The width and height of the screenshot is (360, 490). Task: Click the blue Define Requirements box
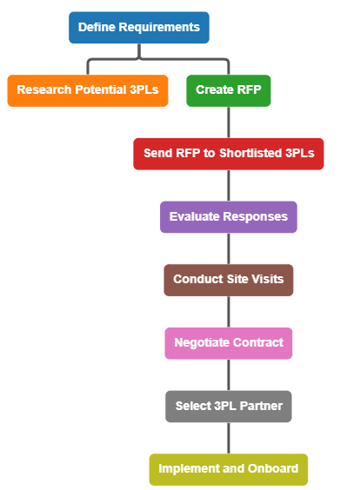tap(139, 28)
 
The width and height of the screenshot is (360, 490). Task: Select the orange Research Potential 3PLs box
tap(88, 90)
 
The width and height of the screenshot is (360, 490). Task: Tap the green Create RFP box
tap(229, 90)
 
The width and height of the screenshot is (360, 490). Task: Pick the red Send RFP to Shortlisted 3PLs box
tap(229, 154)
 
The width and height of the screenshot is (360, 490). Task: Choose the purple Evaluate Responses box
tap(229, 217)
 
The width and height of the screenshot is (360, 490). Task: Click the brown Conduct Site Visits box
tap(229, 280)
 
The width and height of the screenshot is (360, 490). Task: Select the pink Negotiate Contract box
tap(229, 343)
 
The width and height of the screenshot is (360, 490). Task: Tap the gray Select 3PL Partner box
tap(229, 407)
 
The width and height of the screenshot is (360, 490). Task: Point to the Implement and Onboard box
tap(229, 469)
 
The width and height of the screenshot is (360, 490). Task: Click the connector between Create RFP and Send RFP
tap(229, 122)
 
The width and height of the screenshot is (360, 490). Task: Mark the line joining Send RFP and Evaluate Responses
tap(229, 185)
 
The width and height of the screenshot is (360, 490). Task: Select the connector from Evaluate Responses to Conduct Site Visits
tap(229, 248)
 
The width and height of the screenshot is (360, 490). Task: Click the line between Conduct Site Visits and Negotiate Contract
tap(229, 312)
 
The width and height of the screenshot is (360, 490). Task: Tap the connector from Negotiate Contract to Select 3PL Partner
tap(229, 374)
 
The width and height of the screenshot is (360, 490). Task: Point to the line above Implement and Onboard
tap(229, 438)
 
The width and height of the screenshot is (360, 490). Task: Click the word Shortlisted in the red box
tap(250, 153)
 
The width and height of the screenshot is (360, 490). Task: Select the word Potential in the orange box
tap(101, 89)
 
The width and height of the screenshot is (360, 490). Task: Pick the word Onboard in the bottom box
tap(273, 468)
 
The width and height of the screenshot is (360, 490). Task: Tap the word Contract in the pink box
tap(258, 342)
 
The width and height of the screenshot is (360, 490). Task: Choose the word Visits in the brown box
tap(268, 279)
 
